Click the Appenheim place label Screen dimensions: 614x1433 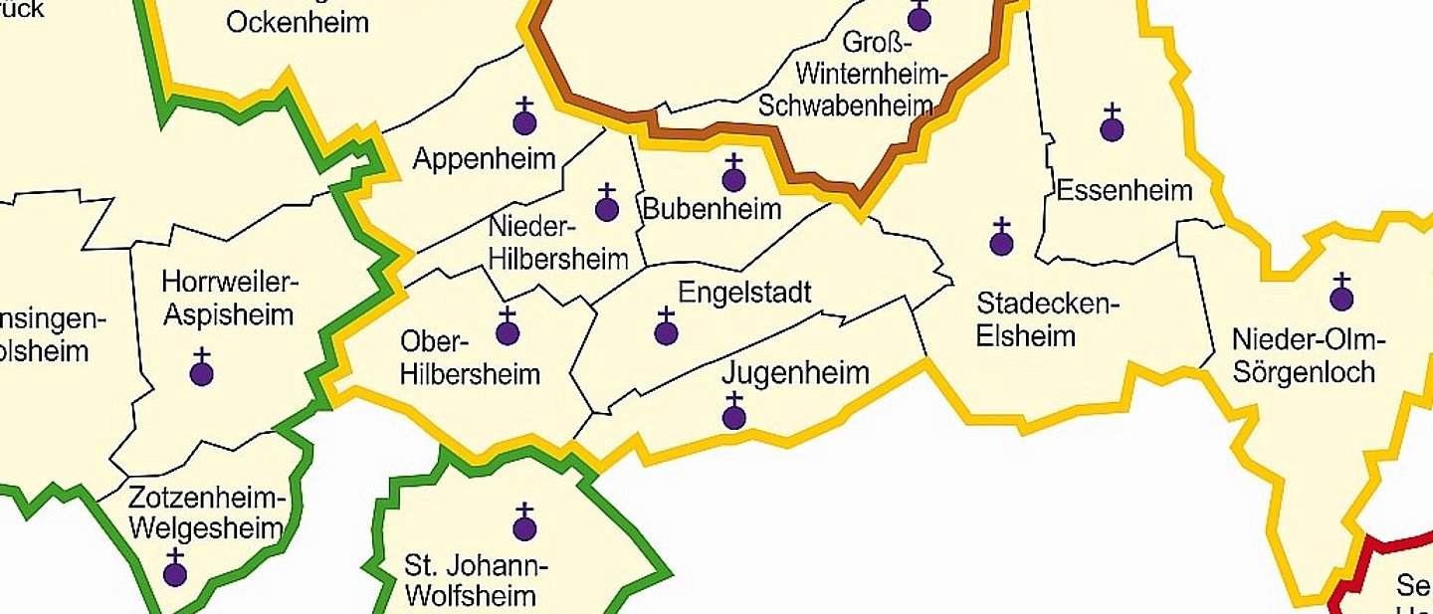pyautogui.click(x=484, y=159)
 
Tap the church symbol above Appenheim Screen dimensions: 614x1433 pyautogui.click(x=524, y=118)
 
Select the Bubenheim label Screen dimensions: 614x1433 pyautogui.click(x=712, y=210)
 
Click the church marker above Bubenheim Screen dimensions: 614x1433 pyautogui.click(x=733, y=175)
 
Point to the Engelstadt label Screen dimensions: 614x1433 pyautogui.click(x=744, y=293)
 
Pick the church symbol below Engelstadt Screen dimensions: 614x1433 pyautogui.click(x=666, y=328)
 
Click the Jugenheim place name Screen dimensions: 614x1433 pyautogui.click(x=795, y=374)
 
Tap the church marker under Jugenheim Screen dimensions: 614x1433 pyautogui.click(x=734, y=413)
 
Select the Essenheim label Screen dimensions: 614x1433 pyautogui.click(x=1124, y=190)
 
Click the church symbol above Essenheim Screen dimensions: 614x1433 pyautogui.click(x=1112, y=125)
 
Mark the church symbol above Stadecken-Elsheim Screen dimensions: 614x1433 pyautogui.click(x=1001, y=239)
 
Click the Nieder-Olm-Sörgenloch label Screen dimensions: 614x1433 pyautogui.click(x=1309, y=356)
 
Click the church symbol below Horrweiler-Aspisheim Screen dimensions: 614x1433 pyautogui.click(x=201, y=369)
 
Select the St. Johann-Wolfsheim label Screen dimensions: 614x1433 pyautogui.click(x=476, y=582)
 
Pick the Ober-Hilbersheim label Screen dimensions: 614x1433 pyautogui.click(x=470, y=358)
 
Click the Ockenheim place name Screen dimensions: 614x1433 pyautogui.click(x=298, y=22)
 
